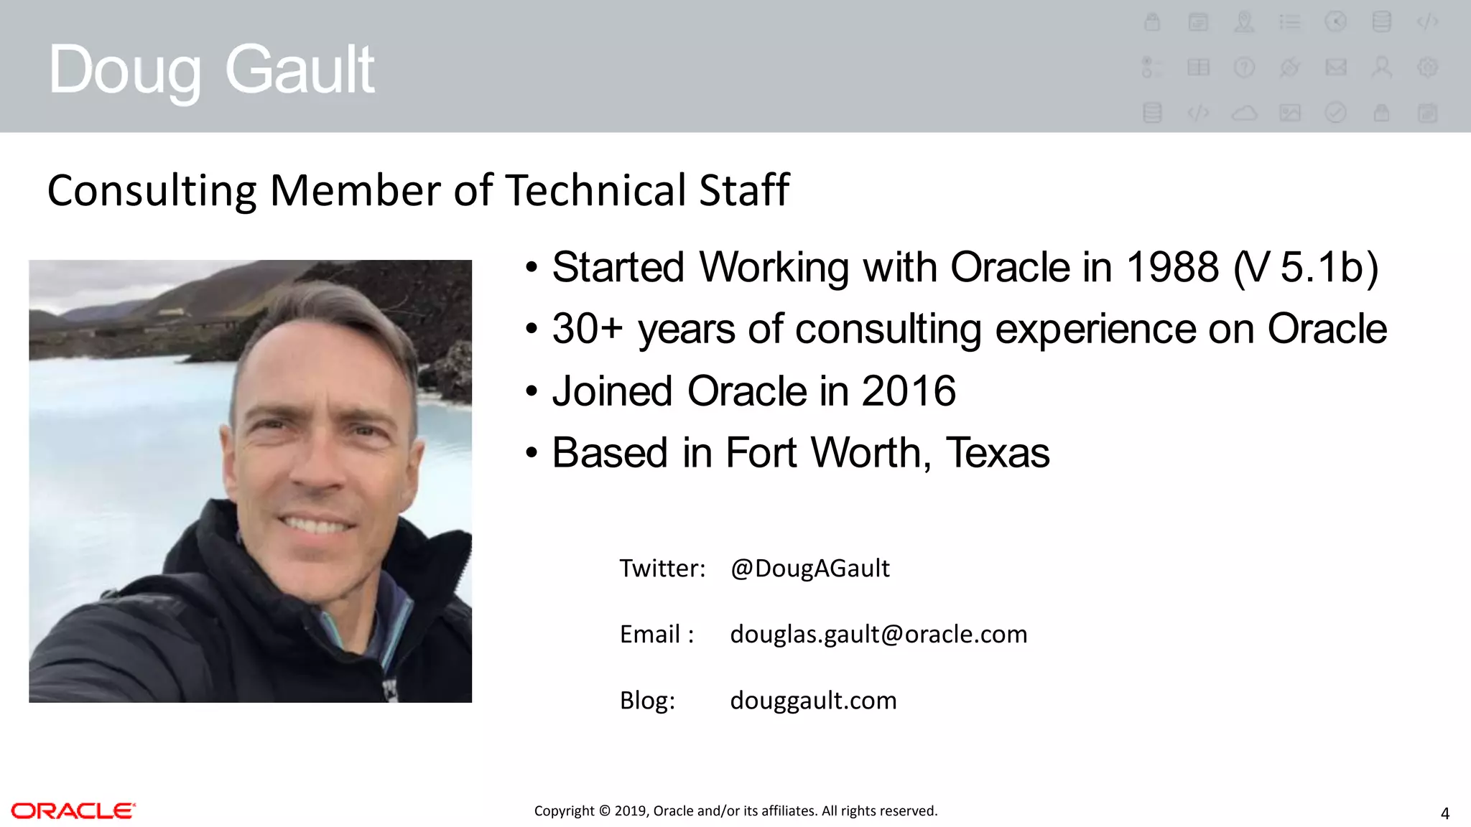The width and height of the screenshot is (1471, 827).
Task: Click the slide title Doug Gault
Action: tap(211, 70)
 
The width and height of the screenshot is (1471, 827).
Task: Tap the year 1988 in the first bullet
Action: tap(1171, 268)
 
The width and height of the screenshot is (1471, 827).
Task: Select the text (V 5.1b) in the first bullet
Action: tap(1306, 268)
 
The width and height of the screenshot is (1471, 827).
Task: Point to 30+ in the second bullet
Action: tap(587, 330)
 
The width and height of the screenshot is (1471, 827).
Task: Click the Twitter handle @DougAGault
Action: tap(809, 569)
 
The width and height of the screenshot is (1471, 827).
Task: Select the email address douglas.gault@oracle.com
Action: tap(878, 635)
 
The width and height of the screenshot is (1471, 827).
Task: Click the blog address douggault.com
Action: tap(813, 701)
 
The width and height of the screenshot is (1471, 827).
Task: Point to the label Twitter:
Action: tap(662, 569)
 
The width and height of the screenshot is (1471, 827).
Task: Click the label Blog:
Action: tap(647, 701)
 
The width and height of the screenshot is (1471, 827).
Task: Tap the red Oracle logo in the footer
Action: tap(73, 811)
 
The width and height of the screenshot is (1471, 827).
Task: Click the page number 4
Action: tap(1444, 814)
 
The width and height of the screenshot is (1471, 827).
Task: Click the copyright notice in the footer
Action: tap(735, 811)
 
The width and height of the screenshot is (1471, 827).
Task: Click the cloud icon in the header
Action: tap(1244, 113)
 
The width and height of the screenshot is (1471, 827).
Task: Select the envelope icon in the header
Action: tap(1335, 67)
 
